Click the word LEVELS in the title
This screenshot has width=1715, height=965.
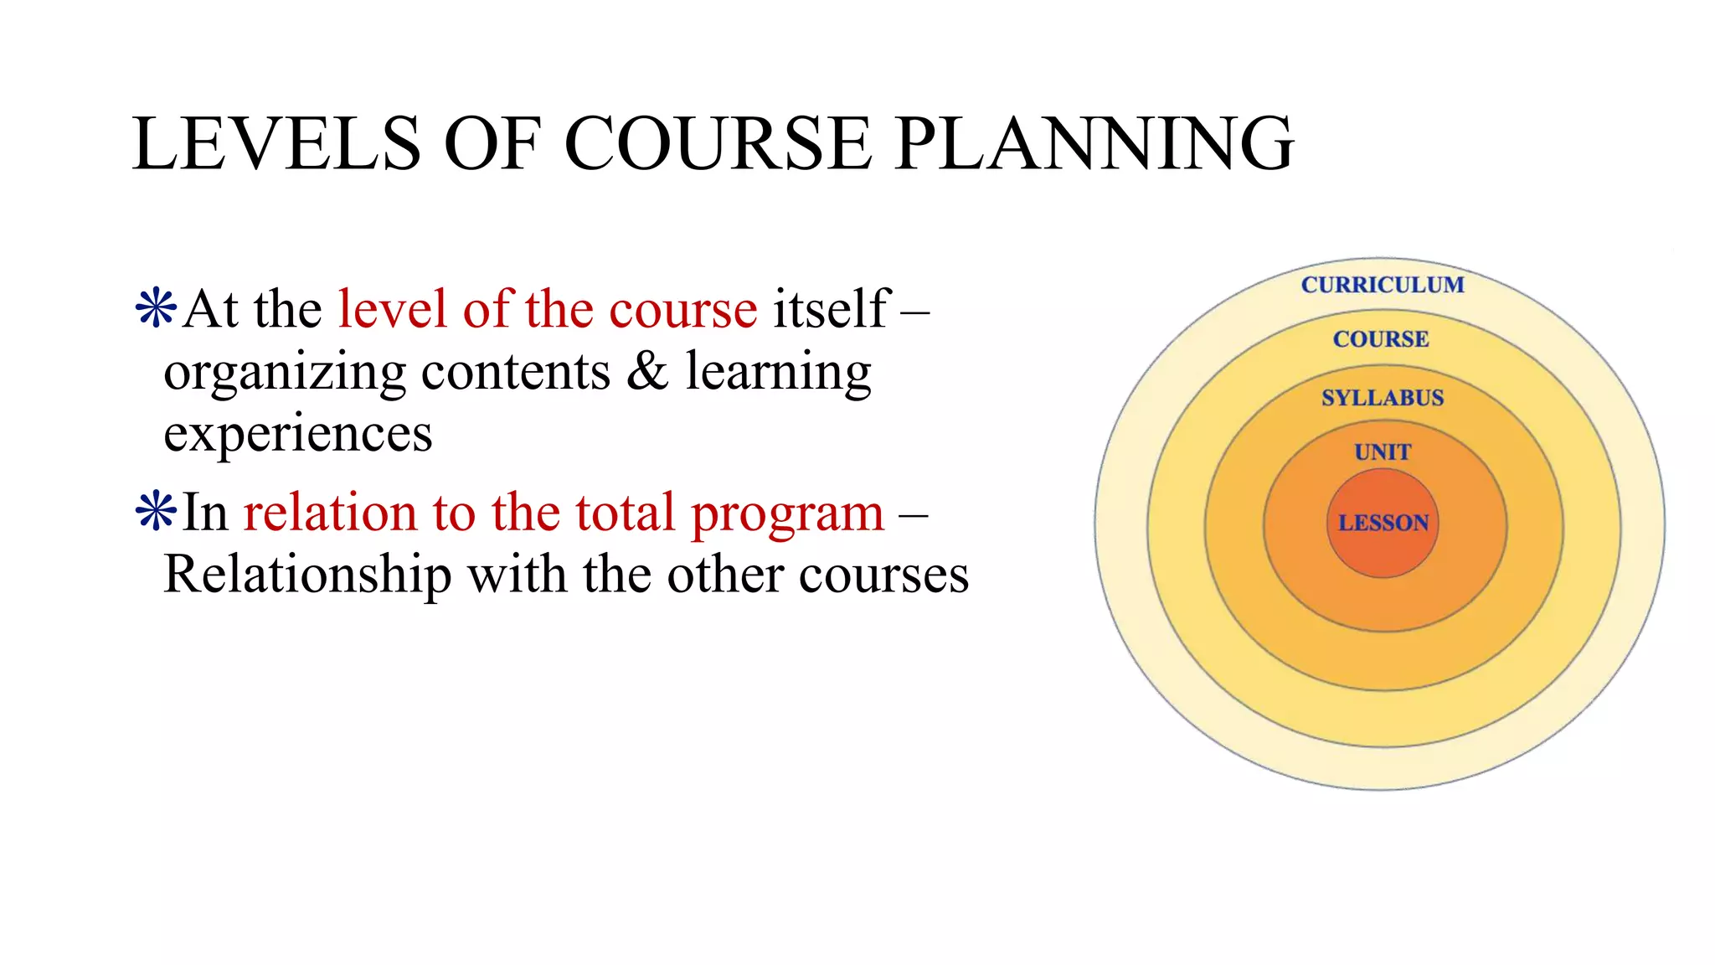276,144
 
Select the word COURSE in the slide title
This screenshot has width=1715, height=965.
718,144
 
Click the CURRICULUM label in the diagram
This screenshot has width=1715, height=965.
1383,285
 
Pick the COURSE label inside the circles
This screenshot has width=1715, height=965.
1381,339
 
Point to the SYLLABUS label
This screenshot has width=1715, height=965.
1383,398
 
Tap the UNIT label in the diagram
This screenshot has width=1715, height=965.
1383,452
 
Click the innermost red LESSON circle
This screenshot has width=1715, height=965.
1383,524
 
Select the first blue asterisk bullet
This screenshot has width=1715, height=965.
156,308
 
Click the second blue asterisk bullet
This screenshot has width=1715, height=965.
156,512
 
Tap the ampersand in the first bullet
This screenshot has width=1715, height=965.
646,371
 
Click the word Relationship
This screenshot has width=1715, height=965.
307,575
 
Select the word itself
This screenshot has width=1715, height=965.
830,308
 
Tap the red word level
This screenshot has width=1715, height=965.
392,308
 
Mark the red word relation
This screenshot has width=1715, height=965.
329,513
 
